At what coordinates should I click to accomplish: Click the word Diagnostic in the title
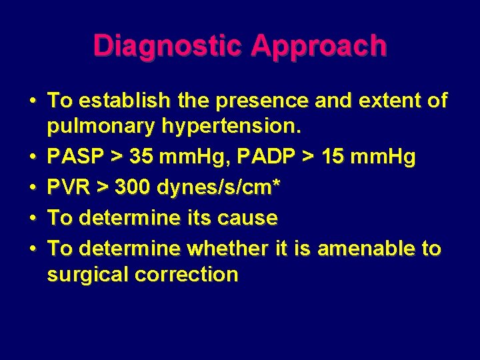click(x=170, y=46)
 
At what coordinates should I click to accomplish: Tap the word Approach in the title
click(x=319, y=46)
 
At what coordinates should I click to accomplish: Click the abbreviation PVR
click(x=69, y=188)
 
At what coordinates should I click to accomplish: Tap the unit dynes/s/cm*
click(x=218, y=189)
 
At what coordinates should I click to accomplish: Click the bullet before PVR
click(x=33, y=188)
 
